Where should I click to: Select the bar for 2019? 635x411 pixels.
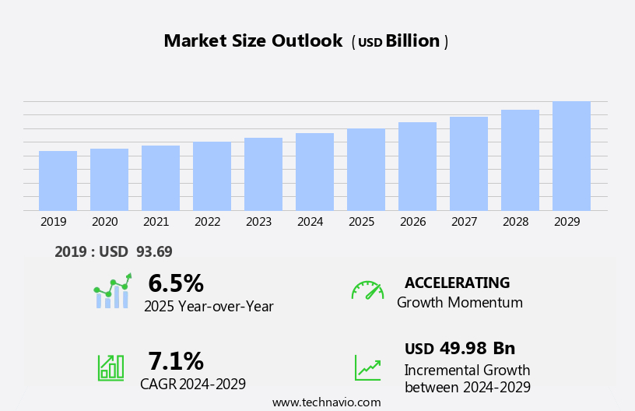[58, 181]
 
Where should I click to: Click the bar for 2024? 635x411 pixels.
[314, 172]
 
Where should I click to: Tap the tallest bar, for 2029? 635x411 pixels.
[571, 156]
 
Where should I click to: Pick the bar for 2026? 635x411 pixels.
[417, 167]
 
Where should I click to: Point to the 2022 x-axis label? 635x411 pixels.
[207, 222]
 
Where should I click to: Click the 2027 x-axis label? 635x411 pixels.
[464, 222]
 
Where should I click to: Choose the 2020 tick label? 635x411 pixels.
[104, 222]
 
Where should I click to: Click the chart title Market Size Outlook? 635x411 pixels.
[253, 41]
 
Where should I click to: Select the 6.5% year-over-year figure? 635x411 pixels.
[176, 283]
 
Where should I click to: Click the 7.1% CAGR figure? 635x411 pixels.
[176, 361]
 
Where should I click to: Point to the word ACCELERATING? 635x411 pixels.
[457, 283]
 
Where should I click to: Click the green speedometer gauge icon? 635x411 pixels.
[367, 290]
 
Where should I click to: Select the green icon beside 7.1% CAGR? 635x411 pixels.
[111, 367]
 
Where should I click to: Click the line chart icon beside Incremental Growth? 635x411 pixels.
[367, 367]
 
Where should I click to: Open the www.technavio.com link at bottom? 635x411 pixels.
[326, 402]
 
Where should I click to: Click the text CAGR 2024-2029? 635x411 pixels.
[193, 384]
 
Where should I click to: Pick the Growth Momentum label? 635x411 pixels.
[459, 303]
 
